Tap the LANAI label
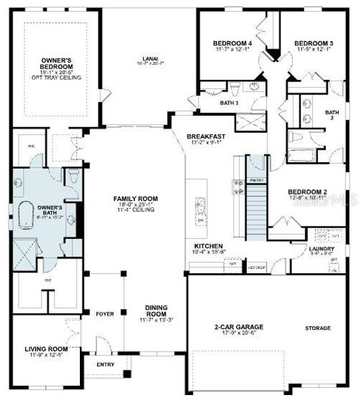coord(149,58)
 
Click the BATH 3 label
coord(230,102)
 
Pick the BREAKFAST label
coord(206,136)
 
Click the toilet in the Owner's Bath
coord(74,178)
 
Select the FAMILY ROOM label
coord(134,199)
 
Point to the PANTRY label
coord(256,180)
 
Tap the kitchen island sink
coord(198,203)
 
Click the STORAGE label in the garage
coord(317,328)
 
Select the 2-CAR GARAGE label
coord(239,327)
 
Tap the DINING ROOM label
coord(157,311)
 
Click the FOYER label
coord(105,313)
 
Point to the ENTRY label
coord(105,364)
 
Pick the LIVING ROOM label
coord(47,348)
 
